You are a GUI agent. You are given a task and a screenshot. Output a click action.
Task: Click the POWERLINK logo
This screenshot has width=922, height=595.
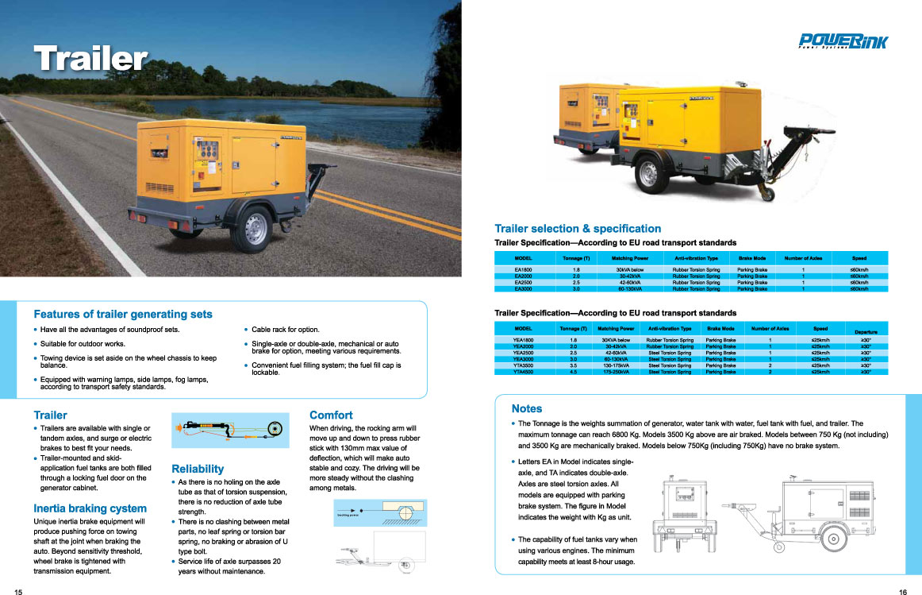click(843, 41)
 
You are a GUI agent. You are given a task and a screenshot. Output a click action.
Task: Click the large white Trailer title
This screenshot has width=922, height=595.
click(91, 58)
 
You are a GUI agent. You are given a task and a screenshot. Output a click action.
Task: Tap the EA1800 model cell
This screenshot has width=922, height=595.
click(523, 270)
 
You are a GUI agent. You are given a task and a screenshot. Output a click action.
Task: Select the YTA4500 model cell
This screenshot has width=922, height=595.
click(524, 372)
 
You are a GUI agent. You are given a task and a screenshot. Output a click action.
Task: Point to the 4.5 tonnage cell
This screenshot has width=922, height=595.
click(574, 372)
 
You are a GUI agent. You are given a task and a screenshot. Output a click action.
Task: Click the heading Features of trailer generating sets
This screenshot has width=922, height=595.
click(123, 314)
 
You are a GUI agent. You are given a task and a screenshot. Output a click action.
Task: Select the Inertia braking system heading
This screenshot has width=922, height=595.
click(90, 508)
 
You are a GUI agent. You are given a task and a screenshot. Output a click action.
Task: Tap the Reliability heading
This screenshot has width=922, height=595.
click(198, 469)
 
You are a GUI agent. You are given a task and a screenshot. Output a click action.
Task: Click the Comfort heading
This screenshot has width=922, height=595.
click(331, 415)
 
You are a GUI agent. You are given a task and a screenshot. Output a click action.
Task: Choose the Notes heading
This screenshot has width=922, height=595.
click(527, 408)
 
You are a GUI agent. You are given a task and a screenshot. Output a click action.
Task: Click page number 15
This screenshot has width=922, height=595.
click(18, 591)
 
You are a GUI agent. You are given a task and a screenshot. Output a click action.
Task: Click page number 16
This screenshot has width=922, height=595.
click(903, 591)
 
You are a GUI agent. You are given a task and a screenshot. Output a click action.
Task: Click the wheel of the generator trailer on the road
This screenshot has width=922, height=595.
click(256, 227)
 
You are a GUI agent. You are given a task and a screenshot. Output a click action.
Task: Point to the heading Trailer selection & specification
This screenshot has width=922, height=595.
click(578, 229)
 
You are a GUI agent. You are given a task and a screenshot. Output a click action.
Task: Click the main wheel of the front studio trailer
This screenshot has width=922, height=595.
click(651, 172)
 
